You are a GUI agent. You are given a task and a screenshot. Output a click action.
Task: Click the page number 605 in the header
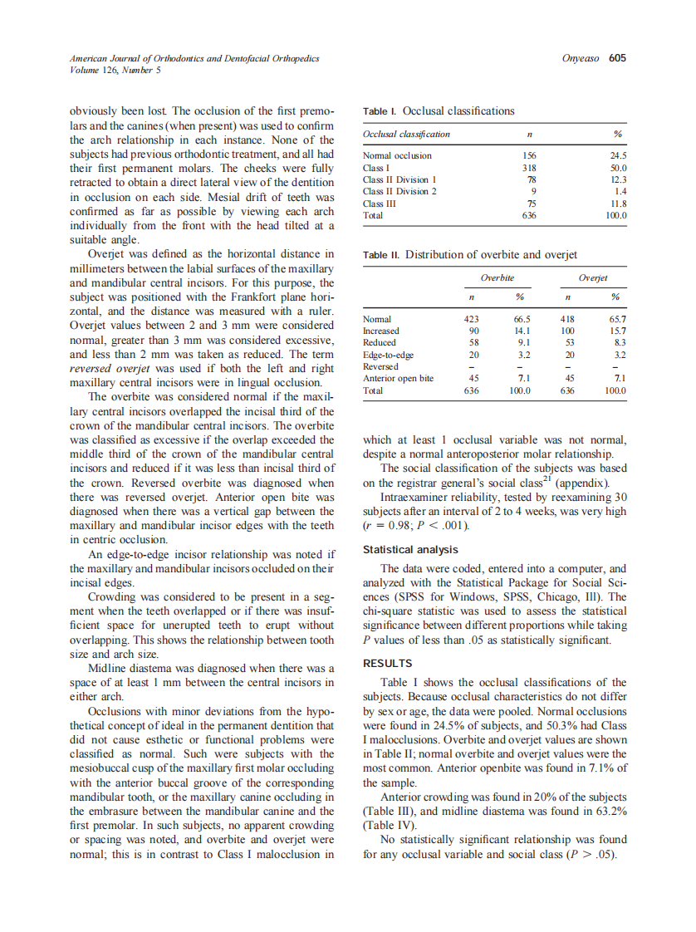616,58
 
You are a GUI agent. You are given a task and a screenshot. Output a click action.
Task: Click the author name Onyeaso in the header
582,58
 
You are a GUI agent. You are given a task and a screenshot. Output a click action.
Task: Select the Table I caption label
380,110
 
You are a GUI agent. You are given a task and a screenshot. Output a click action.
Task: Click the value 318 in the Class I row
528,168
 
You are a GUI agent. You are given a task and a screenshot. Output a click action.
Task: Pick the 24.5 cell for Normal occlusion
617,155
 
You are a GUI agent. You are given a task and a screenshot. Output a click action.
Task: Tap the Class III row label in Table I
380,203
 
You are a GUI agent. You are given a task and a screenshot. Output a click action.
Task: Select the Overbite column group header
497,278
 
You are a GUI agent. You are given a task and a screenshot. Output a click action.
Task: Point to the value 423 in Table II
470,319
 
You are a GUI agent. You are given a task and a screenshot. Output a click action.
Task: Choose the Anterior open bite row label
399,379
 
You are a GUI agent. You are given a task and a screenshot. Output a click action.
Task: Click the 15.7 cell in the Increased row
617,331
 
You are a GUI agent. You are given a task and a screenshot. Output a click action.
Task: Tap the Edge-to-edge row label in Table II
389,355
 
